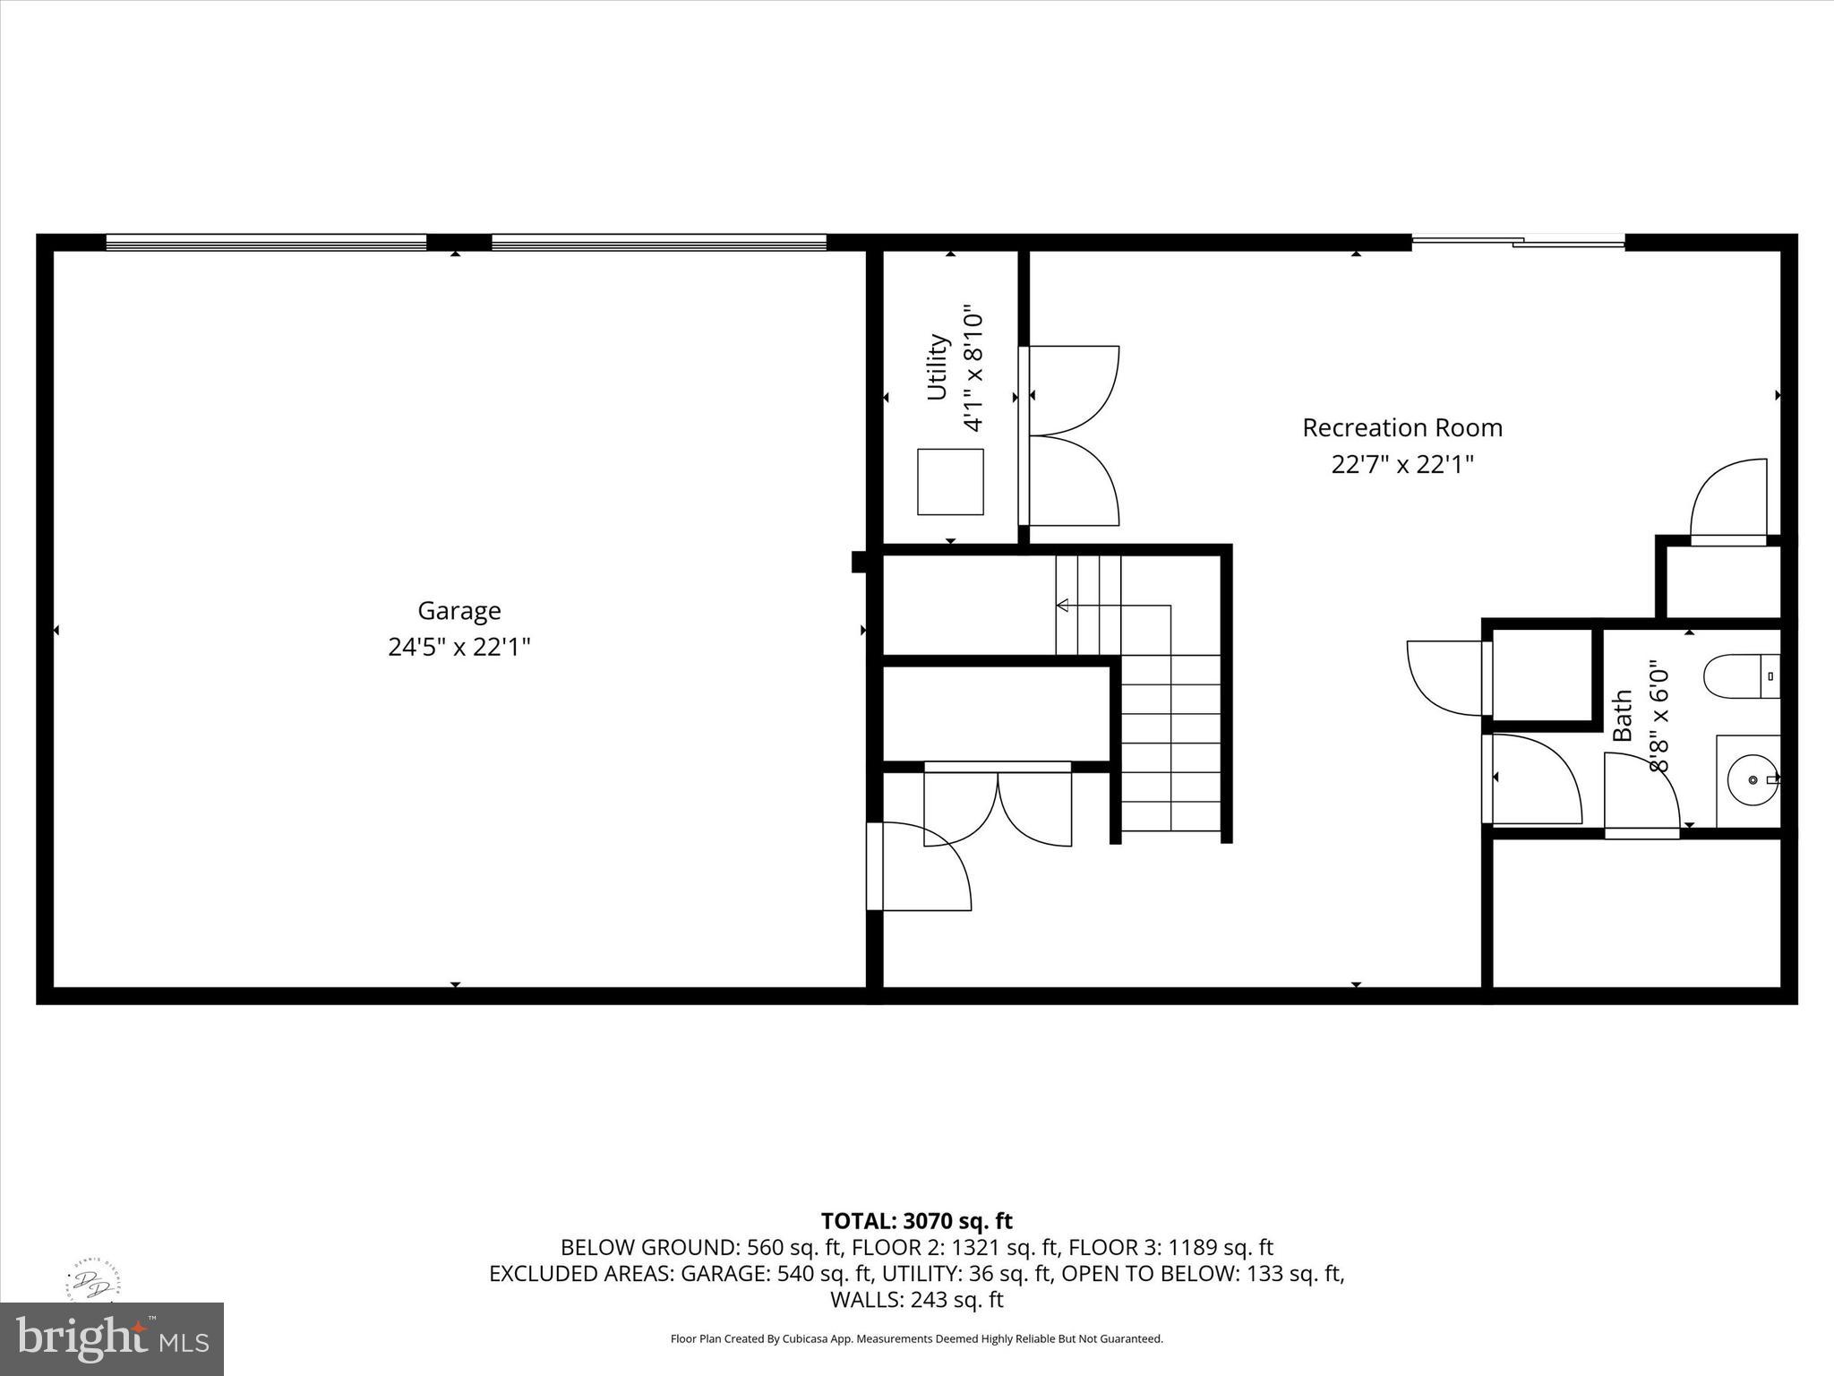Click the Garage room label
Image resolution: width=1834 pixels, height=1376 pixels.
click(458, 611)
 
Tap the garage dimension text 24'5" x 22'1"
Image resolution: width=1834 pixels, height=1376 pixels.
click(458, 647)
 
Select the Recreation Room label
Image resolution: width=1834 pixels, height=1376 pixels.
click(1401, 428)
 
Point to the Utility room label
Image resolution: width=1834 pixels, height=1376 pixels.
click(937, 367)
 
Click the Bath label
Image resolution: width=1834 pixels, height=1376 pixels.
click(1623, 715)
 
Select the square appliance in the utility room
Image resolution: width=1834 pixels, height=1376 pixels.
click(950, 482)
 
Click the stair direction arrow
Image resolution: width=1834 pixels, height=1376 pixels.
click(1063, 606)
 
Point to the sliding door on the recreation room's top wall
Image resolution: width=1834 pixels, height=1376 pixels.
click(1518, 241)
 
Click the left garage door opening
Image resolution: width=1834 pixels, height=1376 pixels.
click(266, 242)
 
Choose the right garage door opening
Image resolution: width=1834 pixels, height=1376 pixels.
click(658, 242)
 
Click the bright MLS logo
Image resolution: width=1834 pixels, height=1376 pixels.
click(112, 1338)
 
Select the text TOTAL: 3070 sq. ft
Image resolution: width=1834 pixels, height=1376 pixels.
click(916, 1221)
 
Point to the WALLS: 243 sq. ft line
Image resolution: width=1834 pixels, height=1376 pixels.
click(916, 1299)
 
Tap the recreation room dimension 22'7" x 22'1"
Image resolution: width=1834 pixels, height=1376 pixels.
click(1401, 465)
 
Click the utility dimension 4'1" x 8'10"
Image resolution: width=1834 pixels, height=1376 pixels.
click(973, 371)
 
